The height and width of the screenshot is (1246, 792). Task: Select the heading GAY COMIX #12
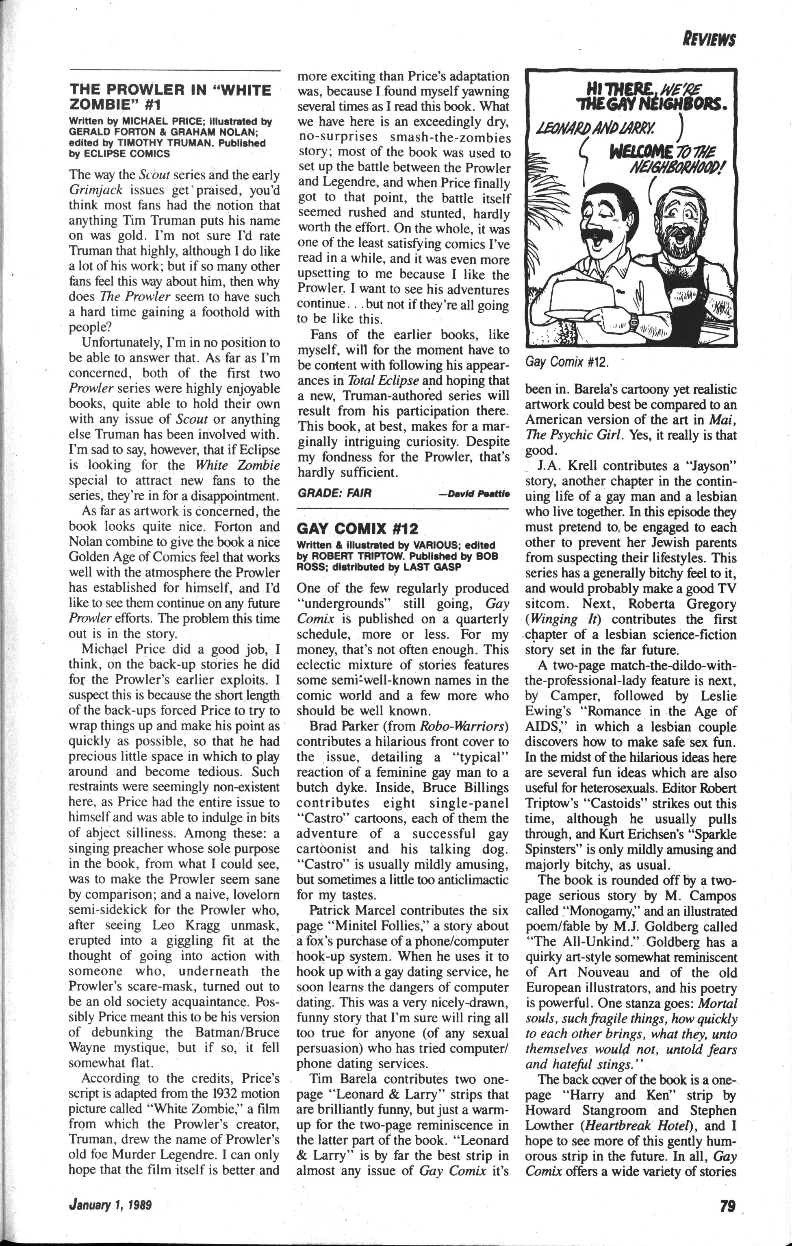pyautogui.click(x=357, y=528)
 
